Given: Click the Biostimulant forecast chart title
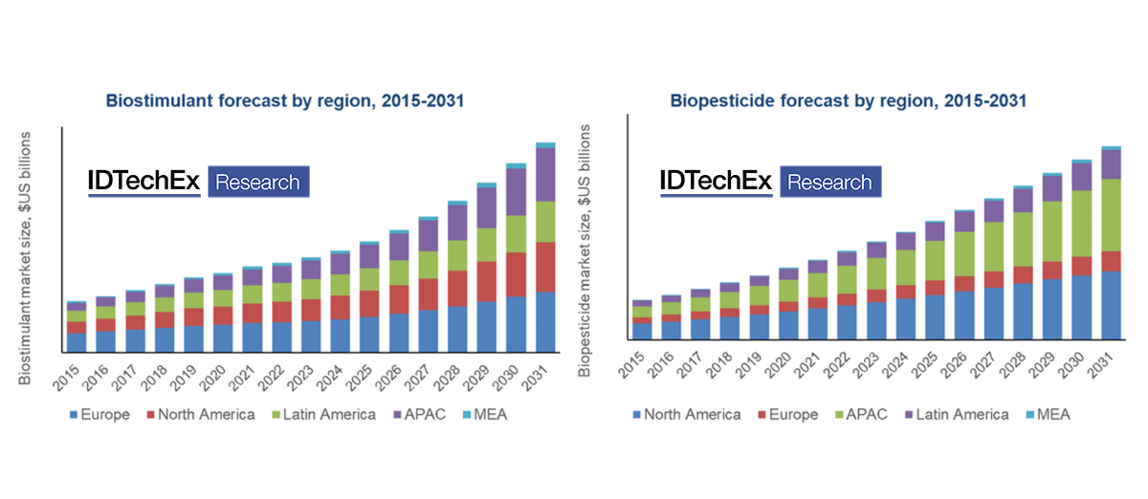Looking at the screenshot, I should click(x=291, y=99).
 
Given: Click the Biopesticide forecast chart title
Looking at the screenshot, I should click(x=849, y=99).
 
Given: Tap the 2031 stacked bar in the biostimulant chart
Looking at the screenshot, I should click(x=545, y=249).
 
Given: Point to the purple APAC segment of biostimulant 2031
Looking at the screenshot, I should click(x=545, y=175).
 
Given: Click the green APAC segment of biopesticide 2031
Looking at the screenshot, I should click(x=1111, y=215).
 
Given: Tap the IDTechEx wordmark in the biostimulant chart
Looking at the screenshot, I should click(x=144, y=182).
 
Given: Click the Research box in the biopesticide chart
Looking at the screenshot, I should click(x=830, y=182).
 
